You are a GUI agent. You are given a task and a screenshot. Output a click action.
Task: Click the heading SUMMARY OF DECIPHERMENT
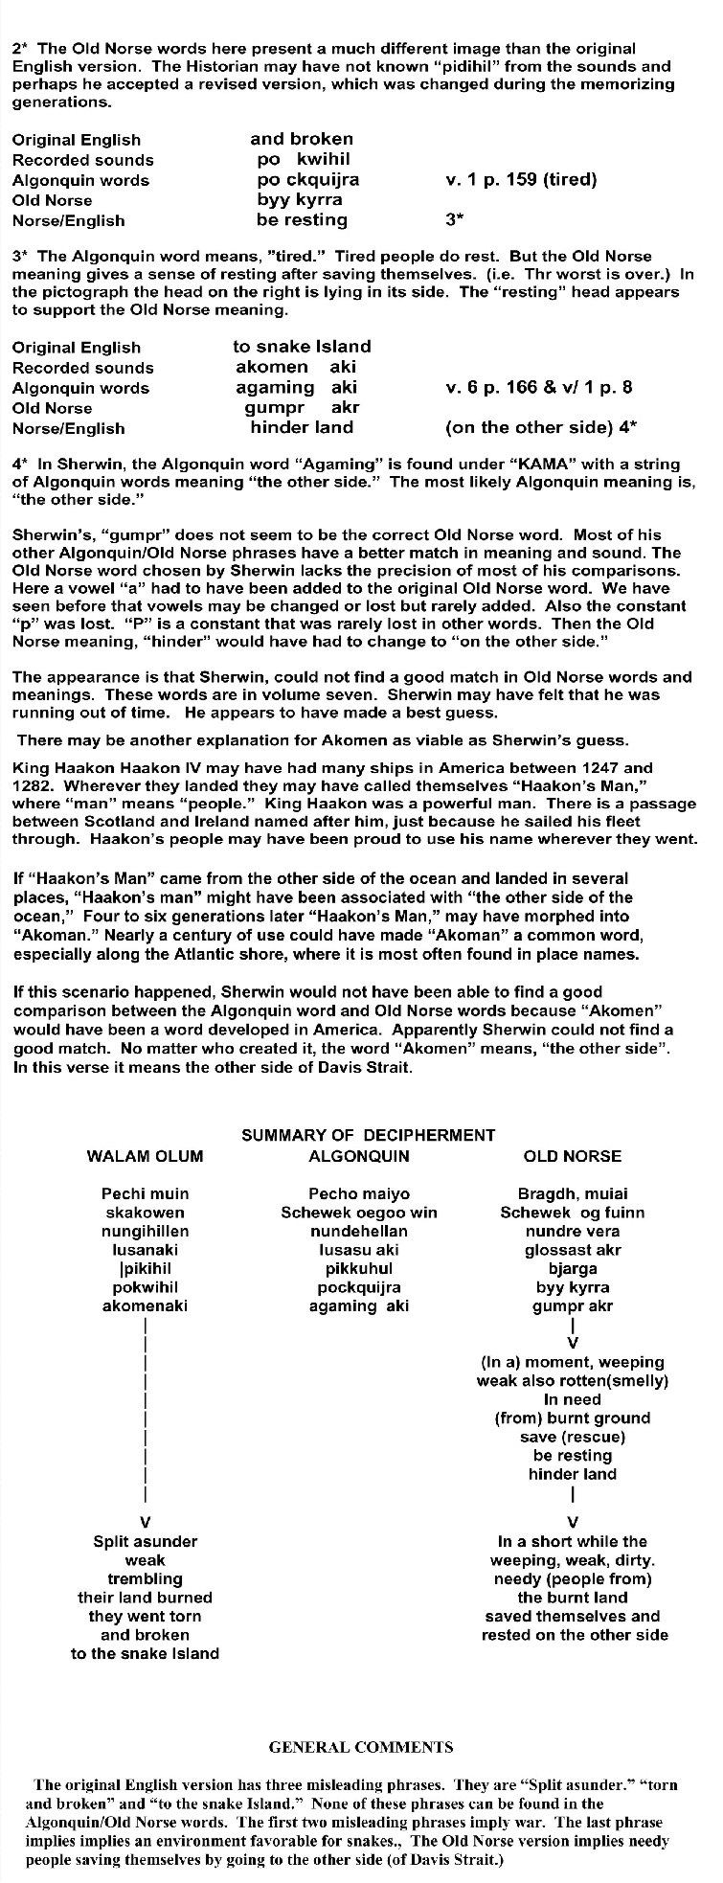coord(369,1135)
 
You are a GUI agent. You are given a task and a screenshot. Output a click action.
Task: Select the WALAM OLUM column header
coord(145,1156)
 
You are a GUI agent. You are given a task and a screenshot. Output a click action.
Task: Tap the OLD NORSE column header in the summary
coord(573,1156)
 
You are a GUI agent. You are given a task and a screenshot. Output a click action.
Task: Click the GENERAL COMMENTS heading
coord(361,1747)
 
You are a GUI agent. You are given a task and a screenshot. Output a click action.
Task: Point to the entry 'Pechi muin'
coord(145,1193)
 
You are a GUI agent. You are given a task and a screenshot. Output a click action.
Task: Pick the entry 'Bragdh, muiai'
coord(573,1193)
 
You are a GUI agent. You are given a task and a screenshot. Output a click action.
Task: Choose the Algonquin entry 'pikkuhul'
coord(359,1268)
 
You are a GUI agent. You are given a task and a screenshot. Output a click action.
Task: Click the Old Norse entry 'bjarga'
coord(573,1268)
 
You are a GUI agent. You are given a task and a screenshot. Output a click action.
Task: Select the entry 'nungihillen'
coord(145,1231)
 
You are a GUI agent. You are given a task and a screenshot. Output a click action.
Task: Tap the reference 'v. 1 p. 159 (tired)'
coord(522,179)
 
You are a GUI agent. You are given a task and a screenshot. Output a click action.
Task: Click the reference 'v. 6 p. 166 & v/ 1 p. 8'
coord(539,387)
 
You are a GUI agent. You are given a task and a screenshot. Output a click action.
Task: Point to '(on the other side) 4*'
coord(542,427)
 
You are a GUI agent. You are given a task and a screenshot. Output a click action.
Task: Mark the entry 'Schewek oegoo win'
coord(359,1213)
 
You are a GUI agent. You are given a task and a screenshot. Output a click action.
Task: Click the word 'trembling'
coord(145,1578)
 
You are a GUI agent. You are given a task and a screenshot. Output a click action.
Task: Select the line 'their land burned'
coord(145,1598)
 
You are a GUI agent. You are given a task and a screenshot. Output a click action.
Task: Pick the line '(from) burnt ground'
coord(573,1418)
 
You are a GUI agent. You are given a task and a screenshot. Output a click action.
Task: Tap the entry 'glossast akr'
coord(573,1250)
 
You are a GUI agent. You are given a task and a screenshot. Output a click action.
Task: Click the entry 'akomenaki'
coord(145,1305)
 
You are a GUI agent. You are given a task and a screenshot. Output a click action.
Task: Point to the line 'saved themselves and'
coord(573,1616)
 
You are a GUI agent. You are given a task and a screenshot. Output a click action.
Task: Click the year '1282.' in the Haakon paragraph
coord(34,785)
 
